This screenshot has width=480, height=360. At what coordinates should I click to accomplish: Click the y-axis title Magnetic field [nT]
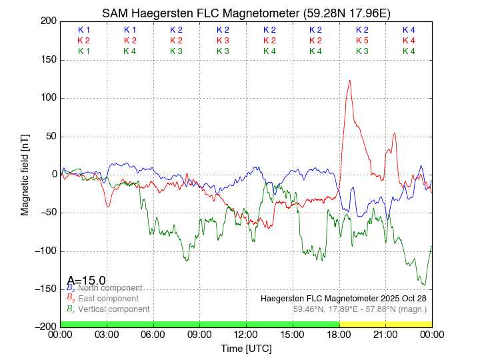click(x=25, y=173)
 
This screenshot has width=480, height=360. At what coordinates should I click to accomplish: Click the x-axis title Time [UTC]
click(x=246, y=349)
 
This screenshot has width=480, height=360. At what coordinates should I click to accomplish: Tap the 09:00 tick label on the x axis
click(x=200, y=334)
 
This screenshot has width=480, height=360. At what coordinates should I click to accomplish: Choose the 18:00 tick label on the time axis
click(x=339, y=334)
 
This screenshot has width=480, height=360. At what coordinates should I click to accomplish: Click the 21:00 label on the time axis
click(x=385, y=334)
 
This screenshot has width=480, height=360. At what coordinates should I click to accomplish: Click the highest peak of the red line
click(x=349, y=81)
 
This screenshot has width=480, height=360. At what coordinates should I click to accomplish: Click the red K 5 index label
click(x=362, y=41)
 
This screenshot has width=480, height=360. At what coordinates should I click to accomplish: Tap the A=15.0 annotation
click(x=86, y=281)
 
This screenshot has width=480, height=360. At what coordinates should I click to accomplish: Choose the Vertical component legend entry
click(x=107, y=309)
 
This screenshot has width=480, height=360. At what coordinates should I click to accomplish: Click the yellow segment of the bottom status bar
click(x=385, y=323)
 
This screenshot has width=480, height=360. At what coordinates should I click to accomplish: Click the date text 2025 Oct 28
click(x=399, y=298)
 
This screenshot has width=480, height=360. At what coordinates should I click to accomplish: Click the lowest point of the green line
click(x=423, y=285)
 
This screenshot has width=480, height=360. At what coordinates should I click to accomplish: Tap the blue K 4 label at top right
click(x=409, y=30)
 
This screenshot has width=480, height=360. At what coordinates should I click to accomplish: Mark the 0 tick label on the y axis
click(x=53, y=175)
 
